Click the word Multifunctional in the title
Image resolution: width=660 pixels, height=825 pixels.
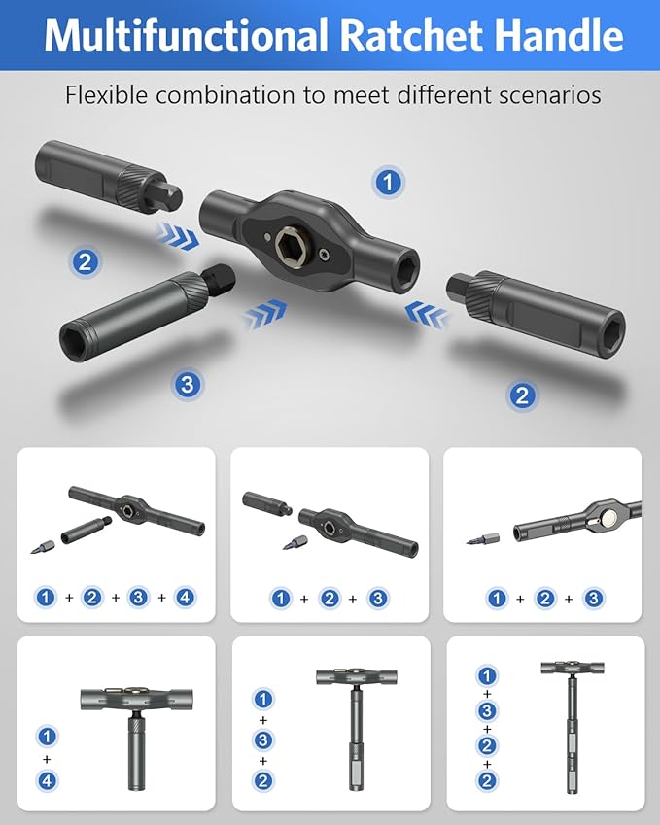pyautogui.click(x=186, y=36)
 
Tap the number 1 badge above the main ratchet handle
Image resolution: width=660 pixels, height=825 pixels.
pyautogui.click(x=389, y=182)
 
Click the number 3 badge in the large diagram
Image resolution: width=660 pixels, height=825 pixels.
pyautogui.click(x=189, y=384)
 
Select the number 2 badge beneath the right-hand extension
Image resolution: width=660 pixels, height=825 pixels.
pyautogui.click(x=522, y=395)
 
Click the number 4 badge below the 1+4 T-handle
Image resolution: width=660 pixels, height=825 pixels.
pyautogui.click(x=47, y=778)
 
